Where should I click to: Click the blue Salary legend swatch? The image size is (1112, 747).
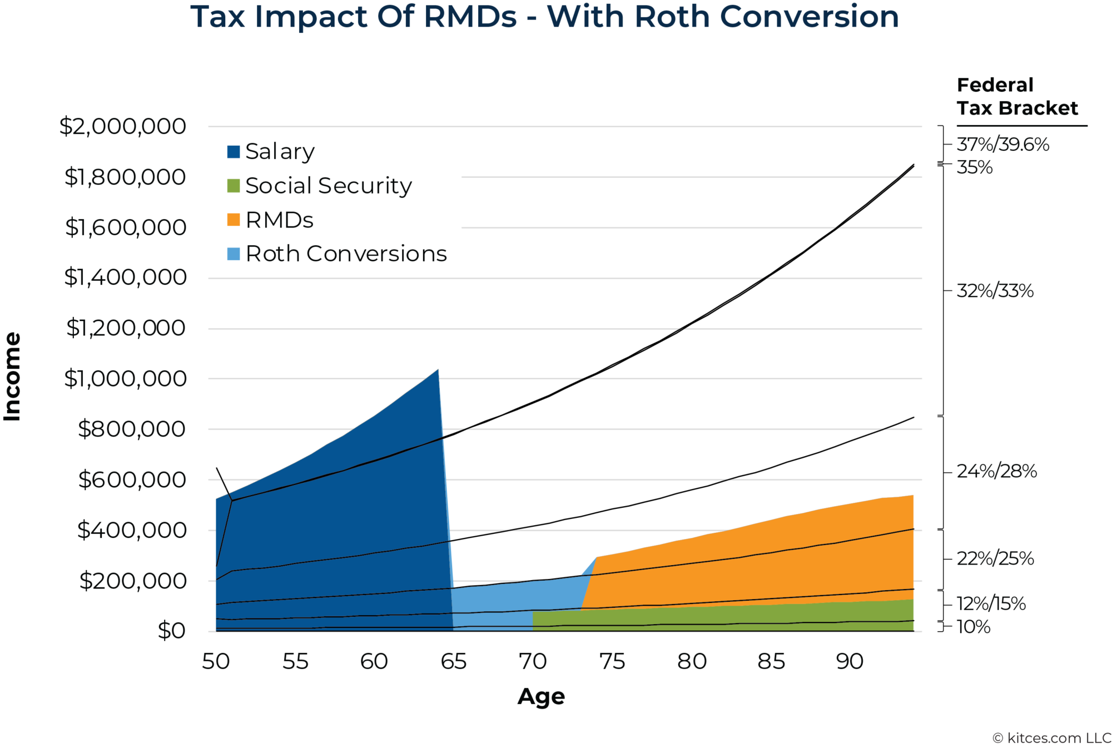click(x=234, y=152)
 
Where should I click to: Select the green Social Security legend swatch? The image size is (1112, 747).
click(x=234, y=186)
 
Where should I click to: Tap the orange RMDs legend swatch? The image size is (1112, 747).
click(x=234, y=220)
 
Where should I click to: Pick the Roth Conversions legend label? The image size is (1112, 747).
click(x=346, y=254)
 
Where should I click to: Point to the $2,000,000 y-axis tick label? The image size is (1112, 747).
click(x=123, y=126)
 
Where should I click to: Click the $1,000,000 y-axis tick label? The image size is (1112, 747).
click(x=125, y=378)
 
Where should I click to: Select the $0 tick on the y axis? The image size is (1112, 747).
click(x=171, y=631)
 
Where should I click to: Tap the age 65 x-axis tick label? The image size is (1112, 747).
click(x=454, y=661)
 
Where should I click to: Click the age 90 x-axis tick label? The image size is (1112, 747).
click(x=850, y=661)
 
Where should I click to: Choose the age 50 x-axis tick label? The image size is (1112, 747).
click(x=216, y=661)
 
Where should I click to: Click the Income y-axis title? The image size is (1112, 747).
click(x=12, y=377)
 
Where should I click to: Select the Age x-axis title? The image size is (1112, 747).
click(x=541, y=696)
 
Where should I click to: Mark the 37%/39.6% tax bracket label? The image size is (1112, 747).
click(x=1002, y=145)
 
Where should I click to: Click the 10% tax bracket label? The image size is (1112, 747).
click(x=973, y=627)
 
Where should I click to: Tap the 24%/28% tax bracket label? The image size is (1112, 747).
click(x=996, y=472)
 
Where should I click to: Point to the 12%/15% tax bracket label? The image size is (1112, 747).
click(x=991, y=603)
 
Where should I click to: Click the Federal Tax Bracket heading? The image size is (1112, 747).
click(x=1017, y=97)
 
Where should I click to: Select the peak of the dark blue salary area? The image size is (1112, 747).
click(x=438, y=370)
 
